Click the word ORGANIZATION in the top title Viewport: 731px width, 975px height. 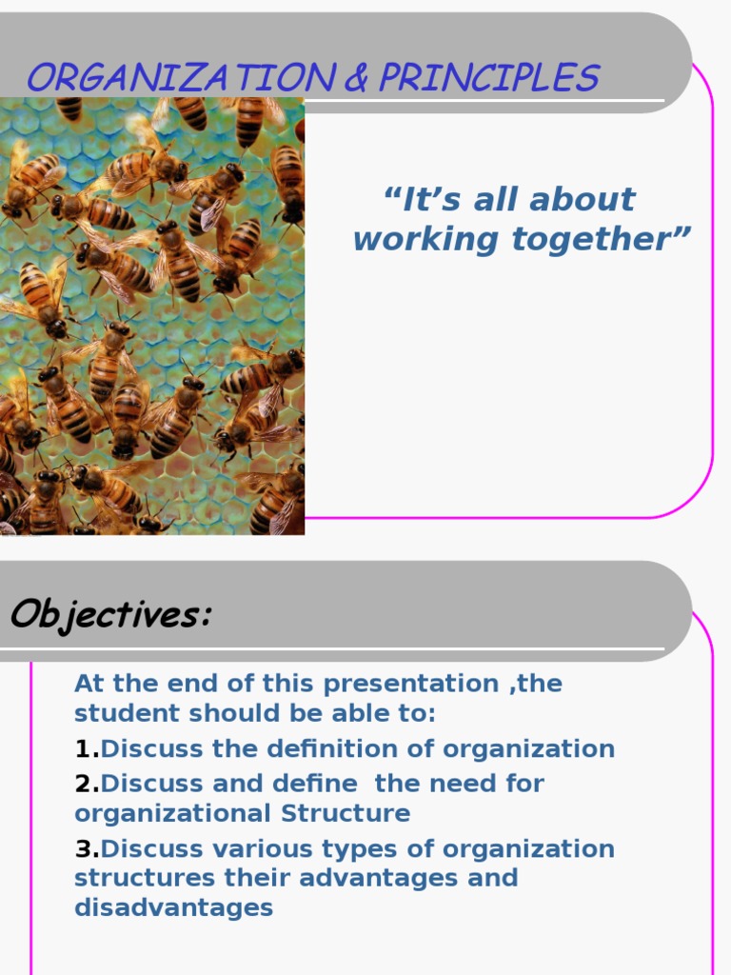(181, 78)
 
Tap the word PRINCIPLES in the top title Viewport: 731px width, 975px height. (488, 78)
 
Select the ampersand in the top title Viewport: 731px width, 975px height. (356, 78)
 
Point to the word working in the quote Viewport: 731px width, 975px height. (415, 239)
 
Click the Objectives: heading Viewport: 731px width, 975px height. (110, 616)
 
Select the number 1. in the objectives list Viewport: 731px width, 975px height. (87, 749)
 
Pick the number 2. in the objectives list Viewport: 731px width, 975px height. (87, 784)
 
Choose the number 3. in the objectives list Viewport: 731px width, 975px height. (87, 848)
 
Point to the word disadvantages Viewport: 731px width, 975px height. (173, 908)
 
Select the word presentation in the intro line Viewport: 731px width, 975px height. (410, 684)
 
